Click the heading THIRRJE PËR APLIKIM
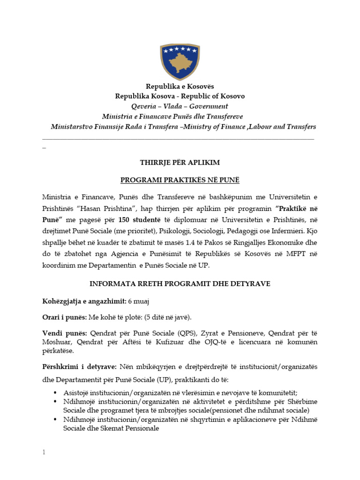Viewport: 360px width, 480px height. pos(180,163)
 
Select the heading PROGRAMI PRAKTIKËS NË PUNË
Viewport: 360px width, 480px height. pos(180,180)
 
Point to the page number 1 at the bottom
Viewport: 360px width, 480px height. pos(44,452)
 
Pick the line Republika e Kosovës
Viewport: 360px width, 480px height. pos(180,86)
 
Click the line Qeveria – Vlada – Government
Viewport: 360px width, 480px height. pos(180,106)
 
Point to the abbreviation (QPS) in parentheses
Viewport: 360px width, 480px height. pos(174,333)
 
